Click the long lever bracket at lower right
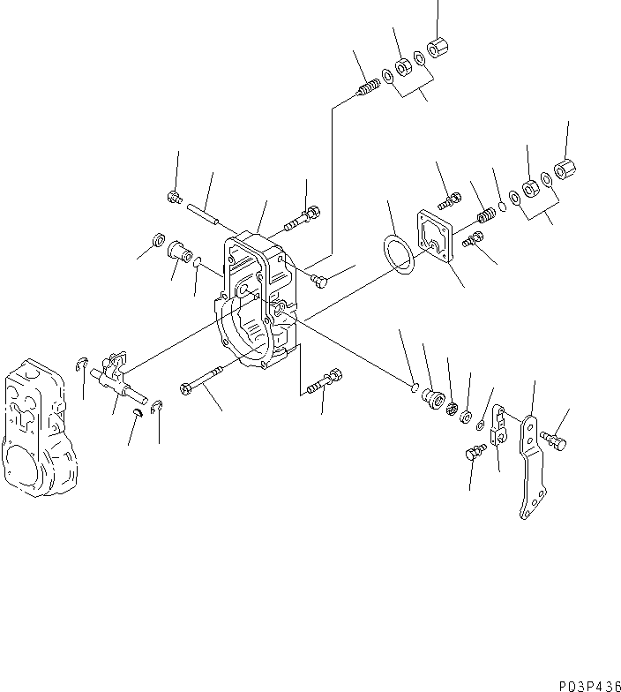coord(530,468)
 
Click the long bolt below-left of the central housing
coord(205,386)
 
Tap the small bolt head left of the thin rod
coord(175,199)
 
